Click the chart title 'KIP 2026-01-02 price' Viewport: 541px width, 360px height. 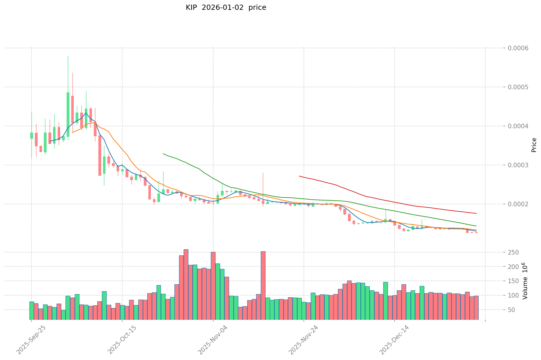[226, 8]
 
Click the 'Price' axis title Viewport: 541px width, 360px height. [534, 145]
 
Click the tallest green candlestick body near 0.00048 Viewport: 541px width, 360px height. [68, 114]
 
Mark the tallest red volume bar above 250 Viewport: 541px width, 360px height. [186, 284]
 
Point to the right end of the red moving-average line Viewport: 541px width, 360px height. [476, 214]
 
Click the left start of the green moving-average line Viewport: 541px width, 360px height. [163, 154]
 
